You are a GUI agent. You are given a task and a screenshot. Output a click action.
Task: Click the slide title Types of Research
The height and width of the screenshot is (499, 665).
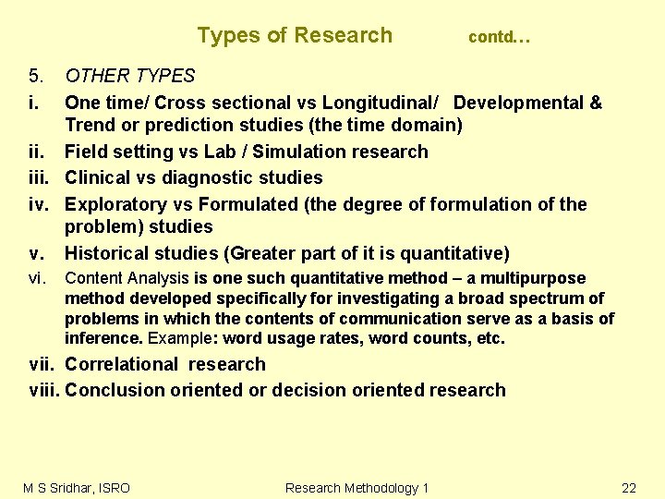[295, 36]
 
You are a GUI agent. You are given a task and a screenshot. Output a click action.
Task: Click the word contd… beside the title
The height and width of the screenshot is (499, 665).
[499, 38]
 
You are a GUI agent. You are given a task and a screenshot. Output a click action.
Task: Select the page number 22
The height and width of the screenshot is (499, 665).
[629, 487]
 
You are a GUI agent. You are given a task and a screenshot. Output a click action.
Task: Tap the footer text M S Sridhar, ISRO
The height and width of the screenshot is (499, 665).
[77, 487]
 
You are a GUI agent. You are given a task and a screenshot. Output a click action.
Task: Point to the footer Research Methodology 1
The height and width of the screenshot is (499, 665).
[357, 487]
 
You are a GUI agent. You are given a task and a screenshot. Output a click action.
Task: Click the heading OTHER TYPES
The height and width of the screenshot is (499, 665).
[130, 76]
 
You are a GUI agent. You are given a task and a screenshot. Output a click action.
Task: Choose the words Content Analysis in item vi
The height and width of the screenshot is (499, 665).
[127, 278]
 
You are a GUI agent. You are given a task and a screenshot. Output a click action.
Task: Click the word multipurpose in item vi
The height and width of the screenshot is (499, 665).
[538, 278]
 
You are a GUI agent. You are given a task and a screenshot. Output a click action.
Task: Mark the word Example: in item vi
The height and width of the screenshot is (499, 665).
[177, 338]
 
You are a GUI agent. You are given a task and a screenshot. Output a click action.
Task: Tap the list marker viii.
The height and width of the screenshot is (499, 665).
[44, 390]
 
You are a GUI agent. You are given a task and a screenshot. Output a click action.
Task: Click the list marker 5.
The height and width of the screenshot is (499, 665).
[36, 76]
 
